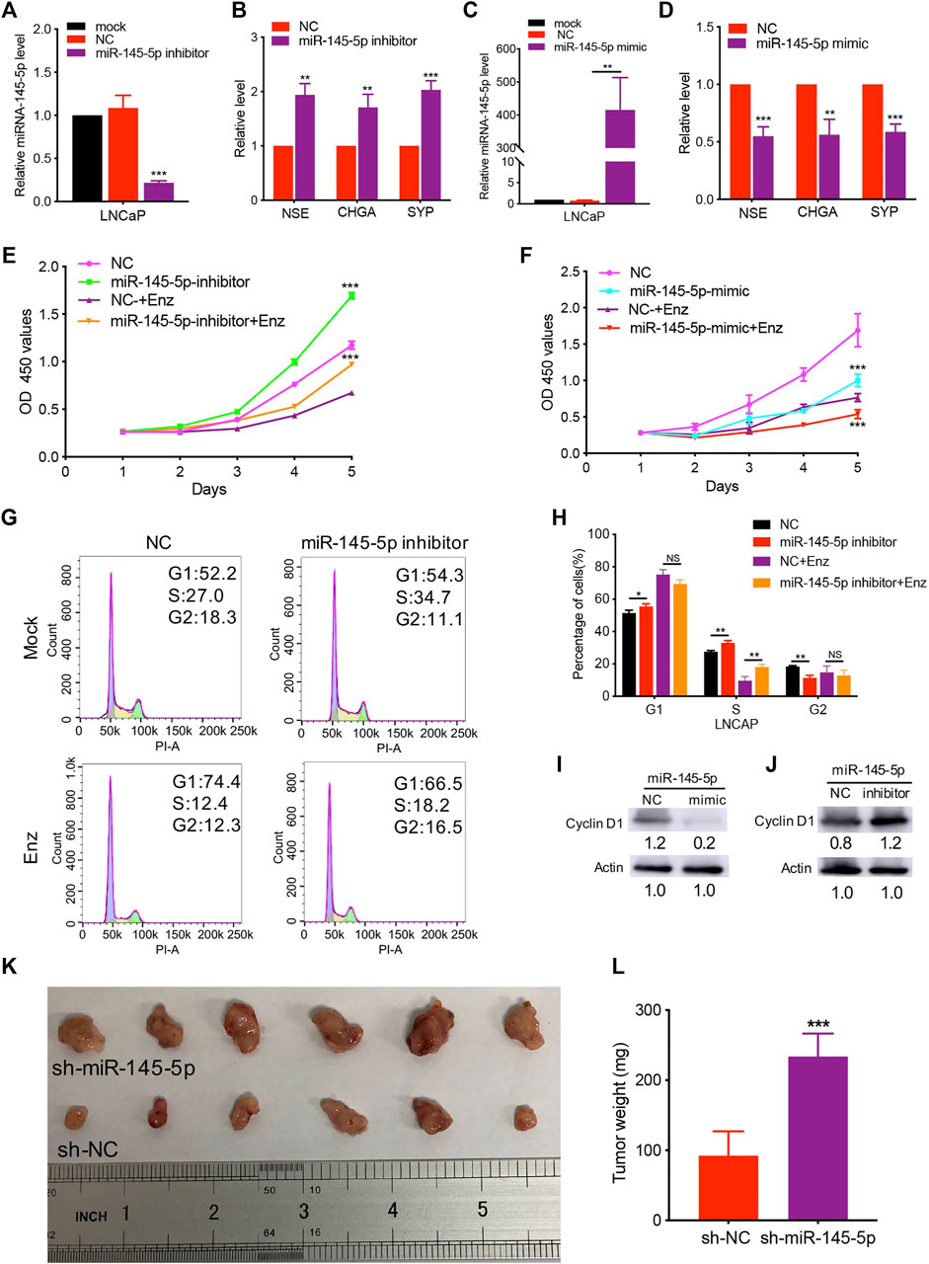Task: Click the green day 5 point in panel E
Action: [x=350, y=295]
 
